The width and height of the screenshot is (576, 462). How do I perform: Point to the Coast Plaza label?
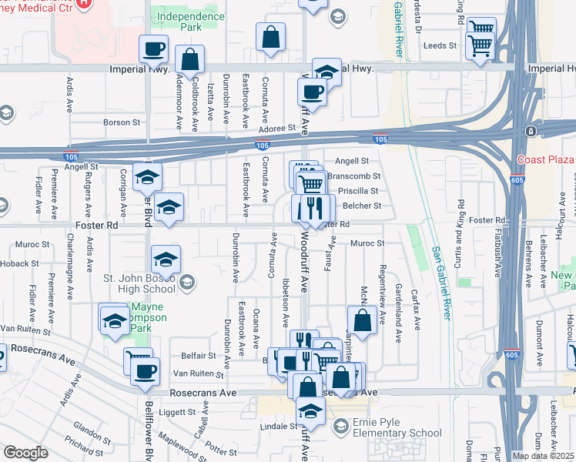coord(546,159)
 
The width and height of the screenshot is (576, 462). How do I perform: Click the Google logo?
coord(25,453)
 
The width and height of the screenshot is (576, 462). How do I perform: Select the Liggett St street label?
coord(179,411)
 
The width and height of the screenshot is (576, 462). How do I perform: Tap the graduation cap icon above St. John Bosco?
coord(166,259)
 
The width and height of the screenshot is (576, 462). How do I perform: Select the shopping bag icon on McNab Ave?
coord(362,319)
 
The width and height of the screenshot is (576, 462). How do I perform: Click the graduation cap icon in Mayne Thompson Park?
coord(115,320)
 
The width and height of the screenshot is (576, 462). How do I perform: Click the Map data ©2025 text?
coord(544,456)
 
